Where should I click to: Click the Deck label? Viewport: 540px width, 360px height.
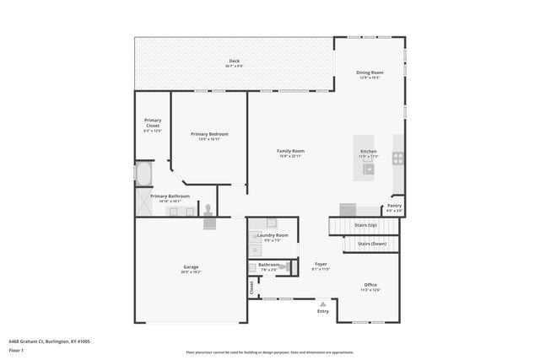tap(235, 61)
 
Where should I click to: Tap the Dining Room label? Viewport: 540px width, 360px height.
tap(370, 73)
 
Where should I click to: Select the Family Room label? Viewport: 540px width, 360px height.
tap(290, 151)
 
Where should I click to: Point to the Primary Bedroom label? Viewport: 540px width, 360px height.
tap(208, 134)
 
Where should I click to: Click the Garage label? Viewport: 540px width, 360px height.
tap(191, 267)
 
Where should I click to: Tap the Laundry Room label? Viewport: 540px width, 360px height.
tap(277, 235)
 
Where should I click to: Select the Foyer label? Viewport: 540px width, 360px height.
tap(321, 264)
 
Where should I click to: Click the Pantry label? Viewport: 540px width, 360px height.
tap(394, 205)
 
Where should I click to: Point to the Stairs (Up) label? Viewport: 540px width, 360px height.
tap(366, 226)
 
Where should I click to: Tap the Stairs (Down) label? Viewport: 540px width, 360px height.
tap(371, 244)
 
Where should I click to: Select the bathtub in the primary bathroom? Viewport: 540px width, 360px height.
tap(143, 174)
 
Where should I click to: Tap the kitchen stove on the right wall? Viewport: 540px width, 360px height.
tap(397, 158)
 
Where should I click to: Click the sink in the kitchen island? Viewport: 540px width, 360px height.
tap(369, 169)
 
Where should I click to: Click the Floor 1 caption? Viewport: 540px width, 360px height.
tap(16, 350)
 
